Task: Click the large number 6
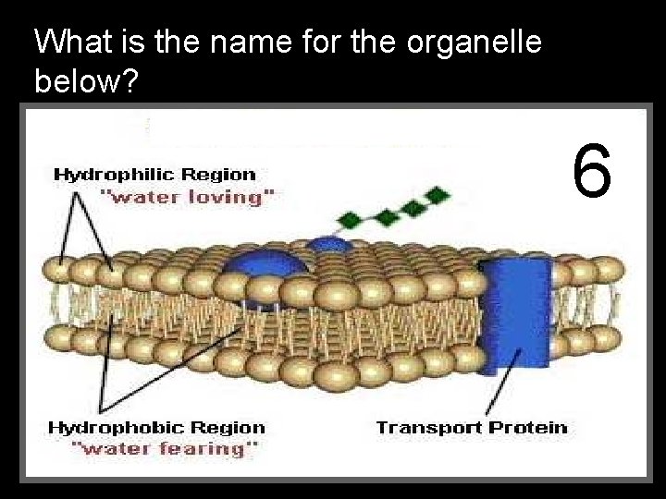[592, 171]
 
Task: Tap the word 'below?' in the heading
[85, 82]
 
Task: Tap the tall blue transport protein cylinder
[516, 314]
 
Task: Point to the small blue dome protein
[327, 245]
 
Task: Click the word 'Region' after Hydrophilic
[219, 174]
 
